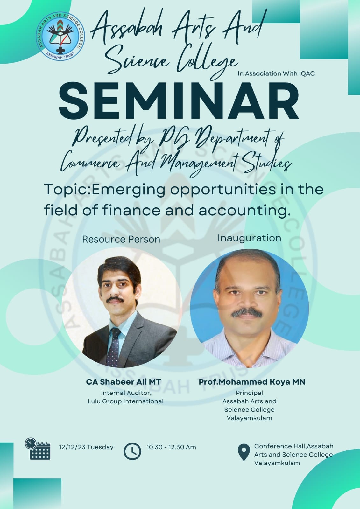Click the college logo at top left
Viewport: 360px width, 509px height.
[x=60, y=36]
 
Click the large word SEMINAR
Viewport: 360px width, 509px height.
[x=179, y=101]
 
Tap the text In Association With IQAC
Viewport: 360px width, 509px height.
[x=276, y=73]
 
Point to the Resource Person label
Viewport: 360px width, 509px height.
[x=121, y=240]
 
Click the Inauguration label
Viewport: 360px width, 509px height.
[x=249, y=238]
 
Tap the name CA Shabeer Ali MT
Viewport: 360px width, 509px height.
[x=124, y=382]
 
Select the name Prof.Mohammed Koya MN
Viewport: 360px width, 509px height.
[x=252, y=382]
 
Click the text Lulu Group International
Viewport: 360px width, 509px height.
[x=125, y=401]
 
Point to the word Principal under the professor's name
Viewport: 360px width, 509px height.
[x=249, y=393]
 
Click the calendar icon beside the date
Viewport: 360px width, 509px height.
[x=38, y=449]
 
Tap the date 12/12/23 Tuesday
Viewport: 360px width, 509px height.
[x=86, y=447]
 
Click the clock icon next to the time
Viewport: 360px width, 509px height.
[x=132, y=451]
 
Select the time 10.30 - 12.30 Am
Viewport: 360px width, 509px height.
[x=171, y=447]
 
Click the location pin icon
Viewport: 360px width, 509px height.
[x=244, y=452]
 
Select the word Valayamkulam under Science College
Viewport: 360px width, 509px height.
[x=249, y=418]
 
